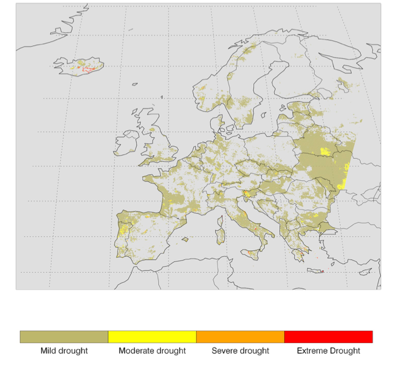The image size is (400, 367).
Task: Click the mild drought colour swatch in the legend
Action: click(x=64, y=337)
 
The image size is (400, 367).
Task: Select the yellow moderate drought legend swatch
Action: click(x=152, y=337)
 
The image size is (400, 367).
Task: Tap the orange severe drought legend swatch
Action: click(x=240, y=337)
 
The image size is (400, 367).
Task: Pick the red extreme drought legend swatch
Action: click(x=328, y=337)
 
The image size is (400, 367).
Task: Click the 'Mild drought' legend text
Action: click(x=64, y=351)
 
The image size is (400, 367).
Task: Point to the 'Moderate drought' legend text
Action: click(x=152, y=351)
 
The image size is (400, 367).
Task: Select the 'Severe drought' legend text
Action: click(x=240, y=351)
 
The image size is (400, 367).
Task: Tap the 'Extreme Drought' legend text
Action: click(x=328, y=351)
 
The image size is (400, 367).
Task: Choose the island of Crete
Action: click(x=315, y=271)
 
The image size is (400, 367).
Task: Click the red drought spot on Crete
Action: click(x=322, y=271)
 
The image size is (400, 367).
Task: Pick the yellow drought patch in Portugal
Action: click(x=124, y=230)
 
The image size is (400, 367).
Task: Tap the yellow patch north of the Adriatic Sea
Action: click(x=246, y=194)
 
